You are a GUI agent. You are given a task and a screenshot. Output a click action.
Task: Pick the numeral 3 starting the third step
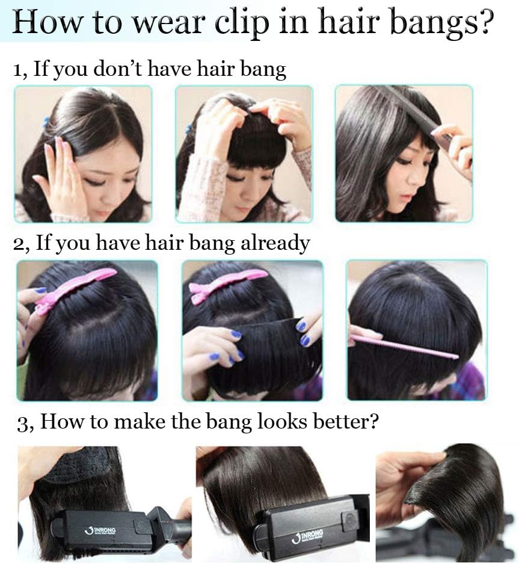point(23,423)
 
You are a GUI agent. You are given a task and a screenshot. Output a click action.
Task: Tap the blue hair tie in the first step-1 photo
point(46,122)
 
